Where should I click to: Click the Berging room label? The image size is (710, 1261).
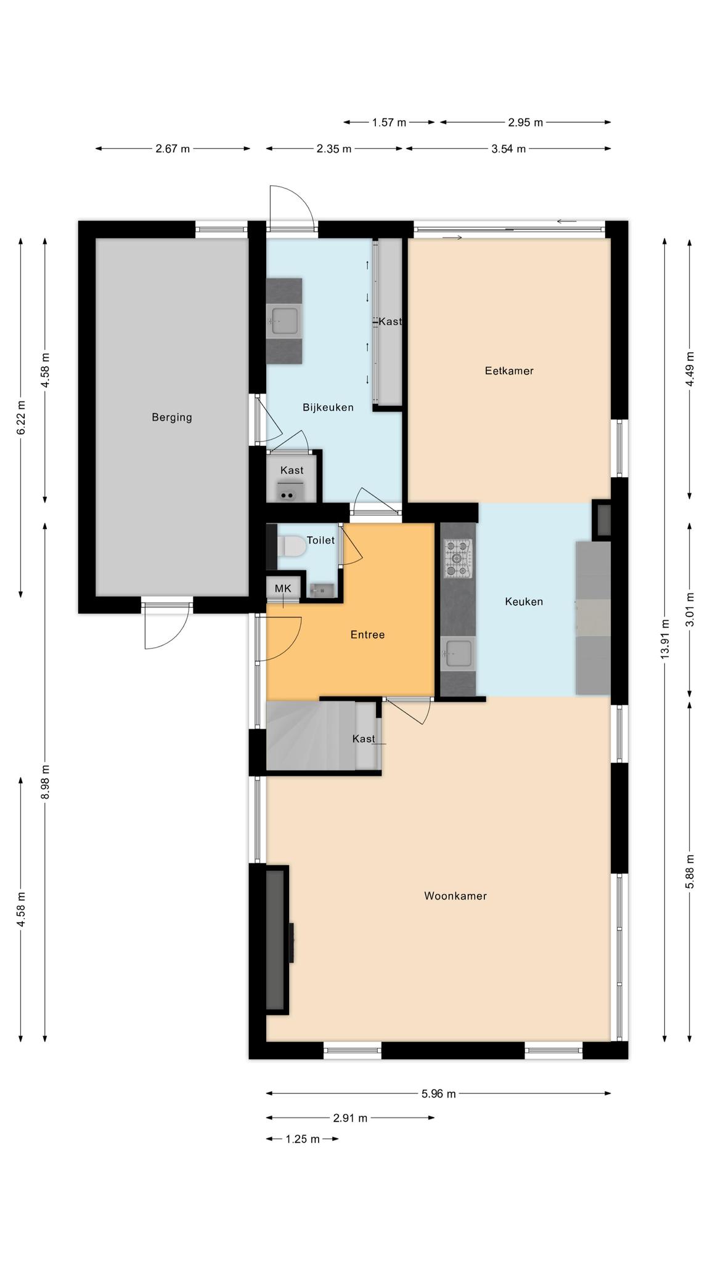click(172, 417)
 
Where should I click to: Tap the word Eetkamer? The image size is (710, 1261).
click(509, 371)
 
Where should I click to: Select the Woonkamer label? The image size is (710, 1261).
click(455, 896)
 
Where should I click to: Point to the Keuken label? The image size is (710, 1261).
click(524, 602)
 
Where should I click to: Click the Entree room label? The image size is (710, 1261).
click(367, 635)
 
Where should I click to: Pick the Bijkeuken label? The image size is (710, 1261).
click(328, 407)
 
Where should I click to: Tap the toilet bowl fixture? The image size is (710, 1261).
click(292, 546)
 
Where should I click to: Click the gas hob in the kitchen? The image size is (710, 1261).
click(458, 559)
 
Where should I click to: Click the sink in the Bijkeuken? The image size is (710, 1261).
click(284, 321)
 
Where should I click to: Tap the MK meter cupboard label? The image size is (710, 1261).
click(283, 589)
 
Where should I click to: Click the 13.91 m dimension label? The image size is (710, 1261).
click(664, 639)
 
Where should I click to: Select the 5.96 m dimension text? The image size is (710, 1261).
click(439, 1094)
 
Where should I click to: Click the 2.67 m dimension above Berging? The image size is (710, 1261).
click(173, 148)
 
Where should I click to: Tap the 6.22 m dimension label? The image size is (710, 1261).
click(21, 417)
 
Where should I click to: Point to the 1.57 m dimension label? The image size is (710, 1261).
click(389, 122)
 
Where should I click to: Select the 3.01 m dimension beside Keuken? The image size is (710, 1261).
click(690, 610)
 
